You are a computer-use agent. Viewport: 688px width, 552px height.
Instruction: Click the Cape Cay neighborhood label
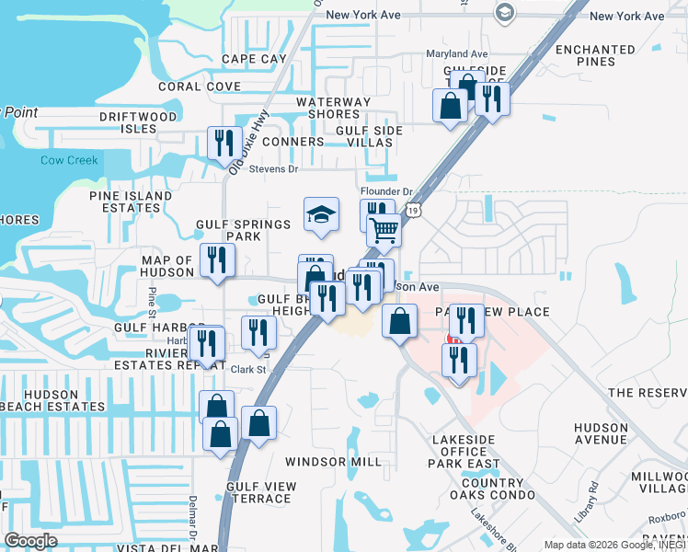coord(255,59)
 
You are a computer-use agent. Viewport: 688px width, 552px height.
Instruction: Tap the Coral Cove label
coord(199,86)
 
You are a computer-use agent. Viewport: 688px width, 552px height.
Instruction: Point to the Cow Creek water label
coord(69,160)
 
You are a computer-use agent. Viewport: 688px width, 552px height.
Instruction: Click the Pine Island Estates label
coord(131,201)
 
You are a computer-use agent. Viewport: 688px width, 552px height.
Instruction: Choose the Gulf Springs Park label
coord(230,230)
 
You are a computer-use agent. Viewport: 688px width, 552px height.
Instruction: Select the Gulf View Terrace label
coord(261,492)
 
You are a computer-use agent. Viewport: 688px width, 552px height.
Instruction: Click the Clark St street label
coord(247,370)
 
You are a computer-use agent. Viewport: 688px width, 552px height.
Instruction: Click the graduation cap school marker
coord(321,215)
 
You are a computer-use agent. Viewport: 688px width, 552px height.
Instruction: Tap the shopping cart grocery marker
coord(384,228)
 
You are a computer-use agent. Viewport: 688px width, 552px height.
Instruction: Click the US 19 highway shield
coord(417,212)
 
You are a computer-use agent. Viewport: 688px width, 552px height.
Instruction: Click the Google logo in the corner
coord(30,541)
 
